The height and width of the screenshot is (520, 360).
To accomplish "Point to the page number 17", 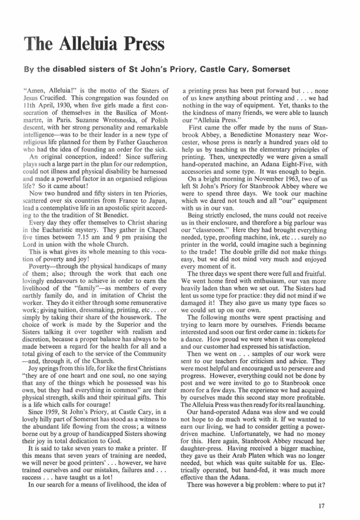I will pos(338,505).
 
